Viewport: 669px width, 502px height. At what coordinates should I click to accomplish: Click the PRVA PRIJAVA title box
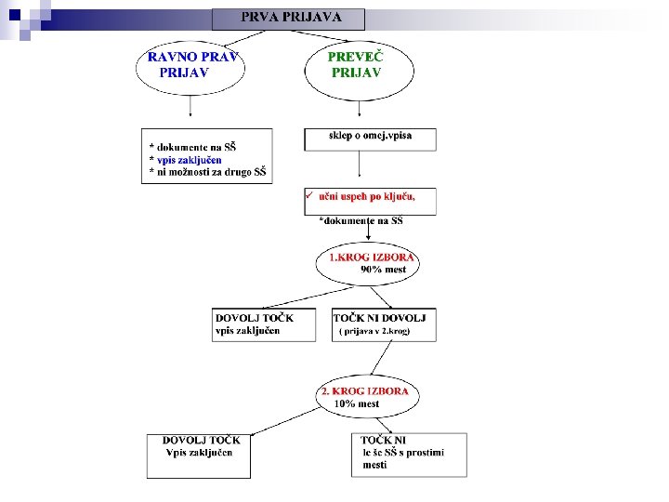click(288, 19)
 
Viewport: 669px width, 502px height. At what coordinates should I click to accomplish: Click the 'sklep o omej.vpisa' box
click(370, 139)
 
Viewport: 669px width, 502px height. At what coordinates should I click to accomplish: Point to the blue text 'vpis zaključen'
click(190, 159)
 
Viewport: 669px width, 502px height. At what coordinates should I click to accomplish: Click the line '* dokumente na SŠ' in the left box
click(193, 147)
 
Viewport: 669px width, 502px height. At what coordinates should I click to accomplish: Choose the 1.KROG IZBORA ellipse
click(368, 263)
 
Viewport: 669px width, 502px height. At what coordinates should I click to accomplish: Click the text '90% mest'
click(383, 270)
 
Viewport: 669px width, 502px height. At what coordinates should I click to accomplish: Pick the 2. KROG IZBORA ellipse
click(366, 397)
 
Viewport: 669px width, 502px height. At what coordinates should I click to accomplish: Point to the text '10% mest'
click(357, 404)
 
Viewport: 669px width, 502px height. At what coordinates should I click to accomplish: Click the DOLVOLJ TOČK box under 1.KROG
click(264, 324)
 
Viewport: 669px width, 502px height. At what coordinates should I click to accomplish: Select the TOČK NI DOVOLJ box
click(383, 324)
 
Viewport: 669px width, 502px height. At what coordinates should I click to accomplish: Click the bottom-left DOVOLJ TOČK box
click(199, 456)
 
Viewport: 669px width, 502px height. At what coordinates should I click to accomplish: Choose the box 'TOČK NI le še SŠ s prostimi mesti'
click(409, 456)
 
